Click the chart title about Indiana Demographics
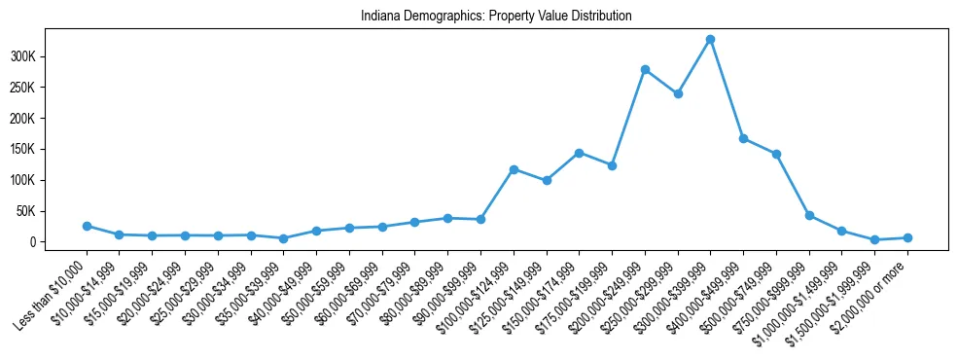[496, 16]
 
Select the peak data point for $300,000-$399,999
[711, 39]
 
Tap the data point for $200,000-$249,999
[645, 69]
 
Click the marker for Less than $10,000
[87, 226]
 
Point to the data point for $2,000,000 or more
[907, 237]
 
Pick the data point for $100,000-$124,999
[514, 169]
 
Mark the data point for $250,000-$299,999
[678, 93]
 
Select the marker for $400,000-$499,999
[743, 139]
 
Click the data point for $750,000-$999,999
[809, 215]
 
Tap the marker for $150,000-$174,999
[579, 153]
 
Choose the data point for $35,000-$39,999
[284, 238]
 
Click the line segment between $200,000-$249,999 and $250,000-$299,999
[661, 82]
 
